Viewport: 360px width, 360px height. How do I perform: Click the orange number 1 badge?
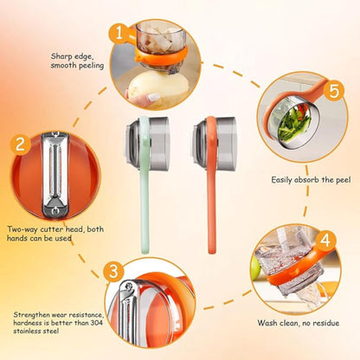click(119, 34)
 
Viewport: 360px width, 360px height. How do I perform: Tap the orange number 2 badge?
click(20, 145)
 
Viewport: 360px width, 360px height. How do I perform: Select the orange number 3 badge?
click(113, 271)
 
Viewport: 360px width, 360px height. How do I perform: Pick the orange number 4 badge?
click(325, 241)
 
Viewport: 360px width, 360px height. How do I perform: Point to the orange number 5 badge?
click(334, 92)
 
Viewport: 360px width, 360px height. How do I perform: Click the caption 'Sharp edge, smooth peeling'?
click(77, 61)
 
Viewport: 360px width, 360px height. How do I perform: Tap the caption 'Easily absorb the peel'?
click(311, 180)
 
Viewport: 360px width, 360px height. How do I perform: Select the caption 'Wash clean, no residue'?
click(299, 323)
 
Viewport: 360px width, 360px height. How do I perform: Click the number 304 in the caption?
click(96, 323)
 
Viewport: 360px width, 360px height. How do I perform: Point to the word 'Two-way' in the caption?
click(22, 229)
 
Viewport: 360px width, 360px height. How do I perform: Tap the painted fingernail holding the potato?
click(154, 97)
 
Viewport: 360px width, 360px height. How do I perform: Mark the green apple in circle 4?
click(255, 268)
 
